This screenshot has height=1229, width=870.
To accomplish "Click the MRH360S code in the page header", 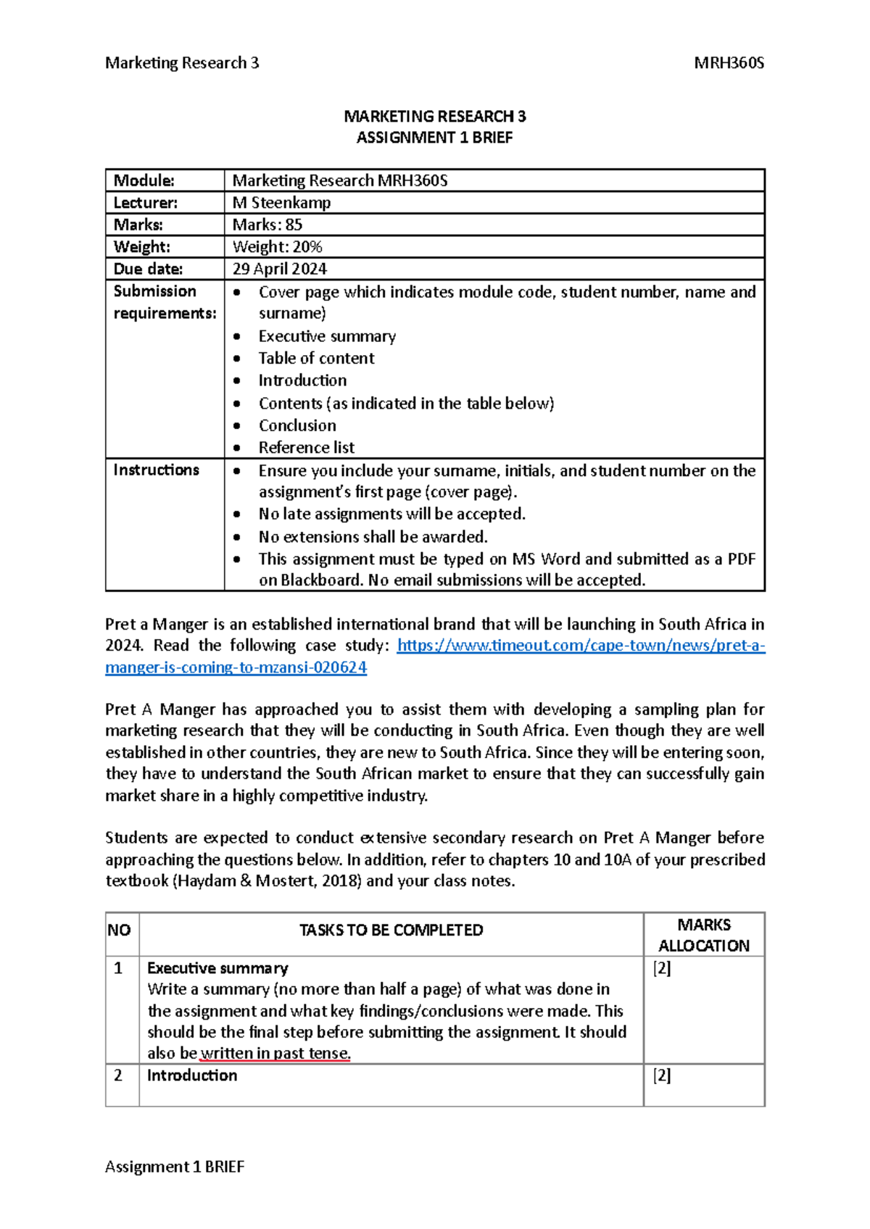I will [x=729, y=63].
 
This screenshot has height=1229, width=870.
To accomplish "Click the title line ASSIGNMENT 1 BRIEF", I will [x=434, y=138].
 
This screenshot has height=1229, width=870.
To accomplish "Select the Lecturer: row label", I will [x=146, y=203].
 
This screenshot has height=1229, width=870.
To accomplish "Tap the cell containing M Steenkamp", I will [x=281, y=203].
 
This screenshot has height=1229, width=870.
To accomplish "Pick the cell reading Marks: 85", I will [x=267, y=225].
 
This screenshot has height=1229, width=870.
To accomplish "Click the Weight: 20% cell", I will [x=277, y=247].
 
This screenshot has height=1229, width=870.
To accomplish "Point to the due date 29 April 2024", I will [x=279, y=269].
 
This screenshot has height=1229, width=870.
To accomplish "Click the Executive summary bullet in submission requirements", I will [x=327, y=336].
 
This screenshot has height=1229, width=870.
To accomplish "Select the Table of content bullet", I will [x=316, y=358].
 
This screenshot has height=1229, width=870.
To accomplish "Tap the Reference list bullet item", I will [x=307, y=448].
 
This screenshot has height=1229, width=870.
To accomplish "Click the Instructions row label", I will [x=156, y=470].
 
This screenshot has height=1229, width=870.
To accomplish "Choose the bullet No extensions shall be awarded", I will [x=373, y=537].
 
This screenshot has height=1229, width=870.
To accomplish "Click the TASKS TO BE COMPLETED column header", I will [x=391, y=930].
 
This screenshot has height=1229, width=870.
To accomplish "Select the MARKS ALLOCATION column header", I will [x=703, y=935].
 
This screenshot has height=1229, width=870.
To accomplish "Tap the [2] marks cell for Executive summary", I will [x=661, y=969].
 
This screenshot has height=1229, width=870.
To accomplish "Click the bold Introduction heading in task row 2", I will [x=192, y=1075].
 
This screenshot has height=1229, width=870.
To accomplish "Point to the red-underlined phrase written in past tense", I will [x=275, y=1054].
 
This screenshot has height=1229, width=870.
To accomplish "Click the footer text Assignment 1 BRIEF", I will [x=175, y=1167].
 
